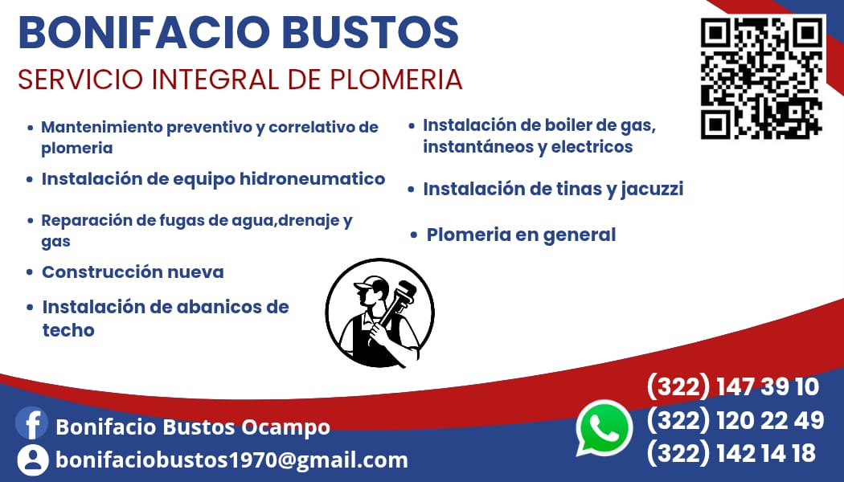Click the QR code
coord(761,77)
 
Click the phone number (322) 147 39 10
coord(732,386)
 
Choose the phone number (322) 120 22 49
coord(735,419)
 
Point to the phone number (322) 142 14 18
coord(731,452)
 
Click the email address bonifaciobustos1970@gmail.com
coord(231,460)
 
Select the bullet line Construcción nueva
coord(133,272)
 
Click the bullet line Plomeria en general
coord(521,235)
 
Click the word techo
coord(68,329)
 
